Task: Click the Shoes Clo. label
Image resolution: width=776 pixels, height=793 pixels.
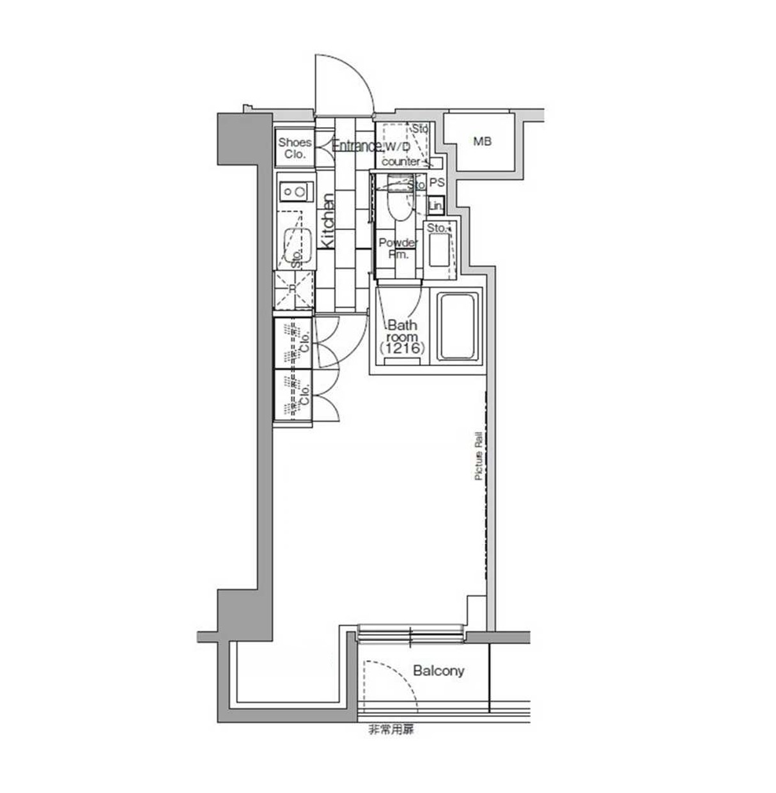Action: (x=295, y=148)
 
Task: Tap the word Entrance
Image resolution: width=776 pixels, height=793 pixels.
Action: (x=355, y=146)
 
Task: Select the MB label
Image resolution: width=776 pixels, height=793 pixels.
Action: (x=483, y=141)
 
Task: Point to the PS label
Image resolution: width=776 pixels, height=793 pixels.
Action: (x=437, y=183)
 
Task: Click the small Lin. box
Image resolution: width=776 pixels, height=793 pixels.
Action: (x=436, y=206)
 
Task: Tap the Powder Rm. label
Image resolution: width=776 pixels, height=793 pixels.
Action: (x=398, y=249)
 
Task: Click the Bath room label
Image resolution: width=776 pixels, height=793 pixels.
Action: (x=402, y=330)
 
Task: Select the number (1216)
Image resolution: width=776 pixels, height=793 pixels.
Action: (x=402, y=348)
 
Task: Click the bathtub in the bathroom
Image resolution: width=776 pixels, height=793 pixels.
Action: (x=458, y=327)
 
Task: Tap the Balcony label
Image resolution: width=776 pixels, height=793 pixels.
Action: (x=438, y=671)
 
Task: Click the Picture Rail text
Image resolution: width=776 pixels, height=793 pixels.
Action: (x=478, y=456)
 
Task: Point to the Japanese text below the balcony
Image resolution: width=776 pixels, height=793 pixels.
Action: (x=391, y=730)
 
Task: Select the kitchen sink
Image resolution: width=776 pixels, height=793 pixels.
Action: (x=296, y=246)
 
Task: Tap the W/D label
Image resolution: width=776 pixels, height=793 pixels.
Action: (x=397, y=147)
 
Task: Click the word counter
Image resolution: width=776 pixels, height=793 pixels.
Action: (x=401, y=162)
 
